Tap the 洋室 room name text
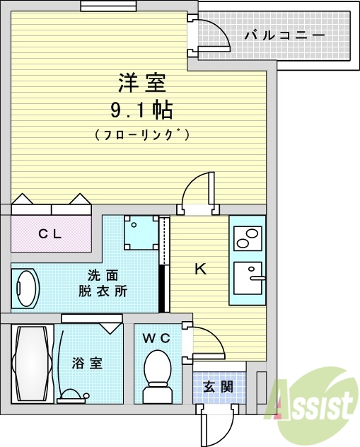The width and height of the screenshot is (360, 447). (141, 83)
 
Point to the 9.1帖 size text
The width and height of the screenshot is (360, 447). (141, 110)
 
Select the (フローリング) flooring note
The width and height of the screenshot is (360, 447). (141, 133)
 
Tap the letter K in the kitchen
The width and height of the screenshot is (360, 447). (200, 269)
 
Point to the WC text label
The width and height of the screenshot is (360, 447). (156, 338)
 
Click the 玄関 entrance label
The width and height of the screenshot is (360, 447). (218, 387)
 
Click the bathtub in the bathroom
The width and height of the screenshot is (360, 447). (32, 362)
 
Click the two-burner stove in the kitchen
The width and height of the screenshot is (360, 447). (247, 238)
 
